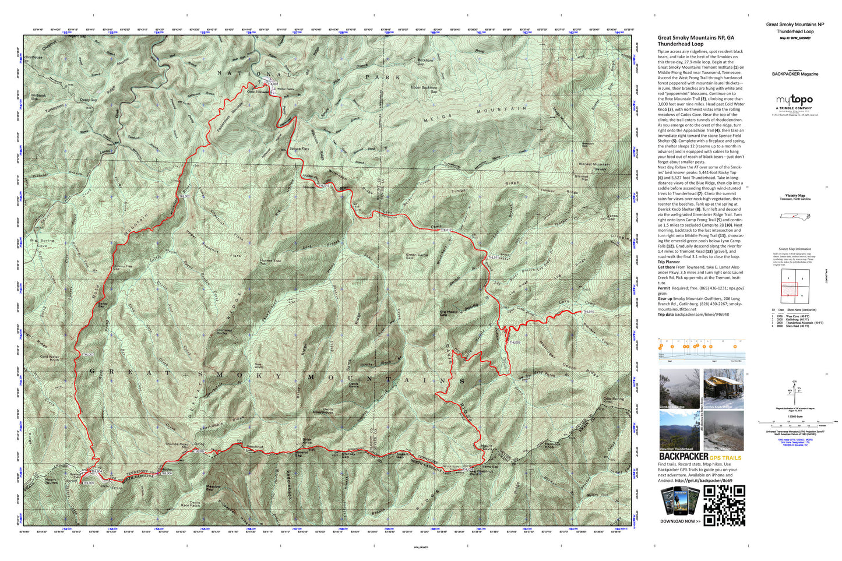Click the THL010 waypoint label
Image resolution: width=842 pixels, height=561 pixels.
[589, 312]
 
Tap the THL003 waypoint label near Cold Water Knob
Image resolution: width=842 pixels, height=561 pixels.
[87, 354]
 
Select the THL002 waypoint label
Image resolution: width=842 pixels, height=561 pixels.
[185, 197]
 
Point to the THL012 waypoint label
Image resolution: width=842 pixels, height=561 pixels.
[446, 231]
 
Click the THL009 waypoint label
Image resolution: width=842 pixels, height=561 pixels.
[515, 343]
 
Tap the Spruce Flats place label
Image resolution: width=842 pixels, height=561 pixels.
[299, 149]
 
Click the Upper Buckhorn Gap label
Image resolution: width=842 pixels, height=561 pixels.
[424, 90]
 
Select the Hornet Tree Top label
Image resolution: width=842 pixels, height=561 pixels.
[270, 262]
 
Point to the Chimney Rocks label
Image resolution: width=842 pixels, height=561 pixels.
[224, 332]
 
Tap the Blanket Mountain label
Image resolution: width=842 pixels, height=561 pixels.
[594, 165]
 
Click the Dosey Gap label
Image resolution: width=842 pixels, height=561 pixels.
[89, 100]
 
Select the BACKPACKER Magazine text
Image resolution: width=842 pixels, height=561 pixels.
[795, 74]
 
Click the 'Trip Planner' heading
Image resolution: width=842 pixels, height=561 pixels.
[668, 262]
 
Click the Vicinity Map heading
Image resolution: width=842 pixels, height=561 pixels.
[795, 196]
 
